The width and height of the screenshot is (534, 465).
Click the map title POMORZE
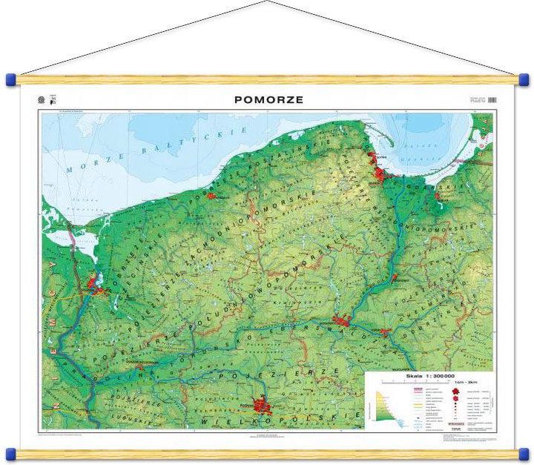(268, 99)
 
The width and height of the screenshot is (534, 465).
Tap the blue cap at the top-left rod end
(10, 79)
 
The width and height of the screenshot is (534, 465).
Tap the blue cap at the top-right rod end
(524, 79)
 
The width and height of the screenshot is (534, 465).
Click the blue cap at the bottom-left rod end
(10, 452)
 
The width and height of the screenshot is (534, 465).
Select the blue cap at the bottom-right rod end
(524, 452)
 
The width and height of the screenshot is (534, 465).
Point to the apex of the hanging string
(266, 2)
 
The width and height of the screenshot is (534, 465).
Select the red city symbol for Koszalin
(211, 196)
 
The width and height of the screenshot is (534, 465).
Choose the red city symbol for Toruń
(385, 332)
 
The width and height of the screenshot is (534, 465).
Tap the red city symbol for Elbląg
(438, 197)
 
